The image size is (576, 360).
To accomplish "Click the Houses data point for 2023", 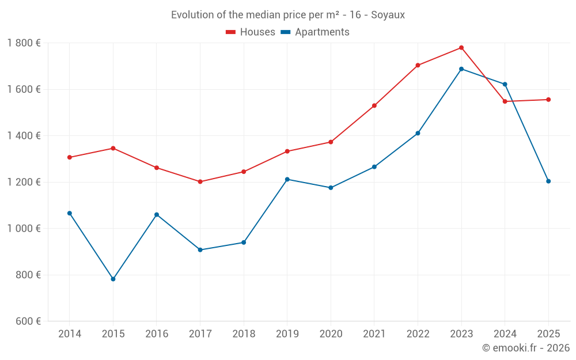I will point(461,48).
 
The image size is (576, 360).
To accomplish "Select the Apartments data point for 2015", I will point(113,279).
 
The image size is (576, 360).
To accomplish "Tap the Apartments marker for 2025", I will point(548,181).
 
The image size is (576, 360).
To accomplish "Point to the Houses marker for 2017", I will point(200,181).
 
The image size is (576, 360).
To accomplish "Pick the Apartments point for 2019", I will point(287,179).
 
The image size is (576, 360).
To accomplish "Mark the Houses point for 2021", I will point(374,105).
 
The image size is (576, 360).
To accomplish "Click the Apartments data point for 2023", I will point(461,69).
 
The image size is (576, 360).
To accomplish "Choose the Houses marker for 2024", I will point(505,101).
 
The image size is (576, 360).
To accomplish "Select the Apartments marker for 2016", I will point(157,215).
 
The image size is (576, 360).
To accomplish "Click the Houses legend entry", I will point(251,32).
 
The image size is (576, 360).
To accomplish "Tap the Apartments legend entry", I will point(315,32).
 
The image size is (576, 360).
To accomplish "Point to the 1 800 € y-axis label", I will point(24,43).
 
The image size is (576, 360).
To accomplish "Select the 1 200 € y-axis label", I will point(24,182).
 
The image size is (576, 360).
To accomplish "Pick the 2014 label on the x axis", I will point(70,334).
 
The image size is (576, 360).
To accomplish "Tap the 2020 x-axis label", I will point(331,334).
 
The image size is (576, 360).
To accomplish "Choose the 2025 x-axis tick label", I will point(548,334).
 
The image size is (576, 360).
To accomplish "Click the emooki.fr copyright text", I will point(525,348).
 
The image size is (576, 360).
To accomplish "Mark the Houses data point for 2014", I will point(70,157).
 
